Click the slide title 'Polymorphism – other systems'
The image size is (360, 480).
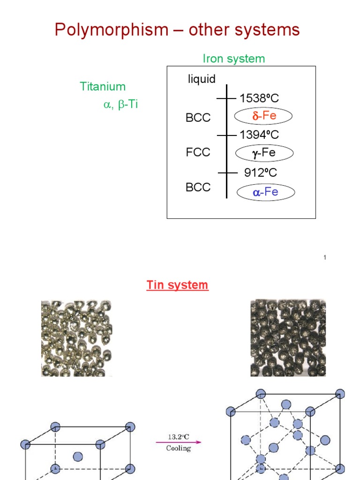pyautogui.click(x=177, y=30)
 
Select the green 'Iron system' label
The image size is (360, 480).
pyautogui.click(x=233, y=59)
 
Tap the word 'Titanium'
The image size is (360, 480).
pyautogui.click(x=103, y=86)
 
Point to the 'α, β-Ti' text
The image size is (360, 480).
pyautogui.click(x=120, y=105)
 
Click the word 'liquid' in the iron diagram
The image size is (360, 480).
pyautogui.click(x=202, y=79)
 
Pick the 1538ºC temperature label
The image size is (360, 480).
pyautogui.click(x=259, y=98)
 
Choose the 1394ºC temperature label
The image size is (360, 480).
pyautogui.click(x=259, y=135)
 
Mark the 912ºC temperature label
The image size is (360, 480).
pyautogui.click(x=260, y=172)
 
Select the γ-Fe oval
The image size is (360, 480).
pyautogui.click(x=264, y=153)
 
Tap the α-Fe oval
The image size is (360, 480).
pyautogui.click(x=265, y=192)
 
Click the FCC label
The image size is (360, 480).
pyautogui.click(x=198, y=153)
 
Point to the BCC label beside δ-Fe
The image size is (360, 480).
pyautogui.click(x=198, y=118)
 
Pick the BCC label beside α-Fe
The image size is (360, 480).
pyautogui.click(x=198, y=187)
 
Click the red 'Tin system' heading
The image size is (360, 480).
pyautogui.click(x=177, y=285)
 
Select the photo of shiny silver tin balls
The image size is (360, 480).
pyautogui.click(x=76, y=338)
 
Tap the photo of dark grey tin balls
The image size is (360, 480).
pyautogui.click(x=288, y=338)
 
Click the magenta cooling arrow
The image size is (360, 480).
pyautogui.click(x=179, y=442)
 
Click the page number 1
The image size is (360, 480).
pyautogui.click(x=324, y=257)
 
